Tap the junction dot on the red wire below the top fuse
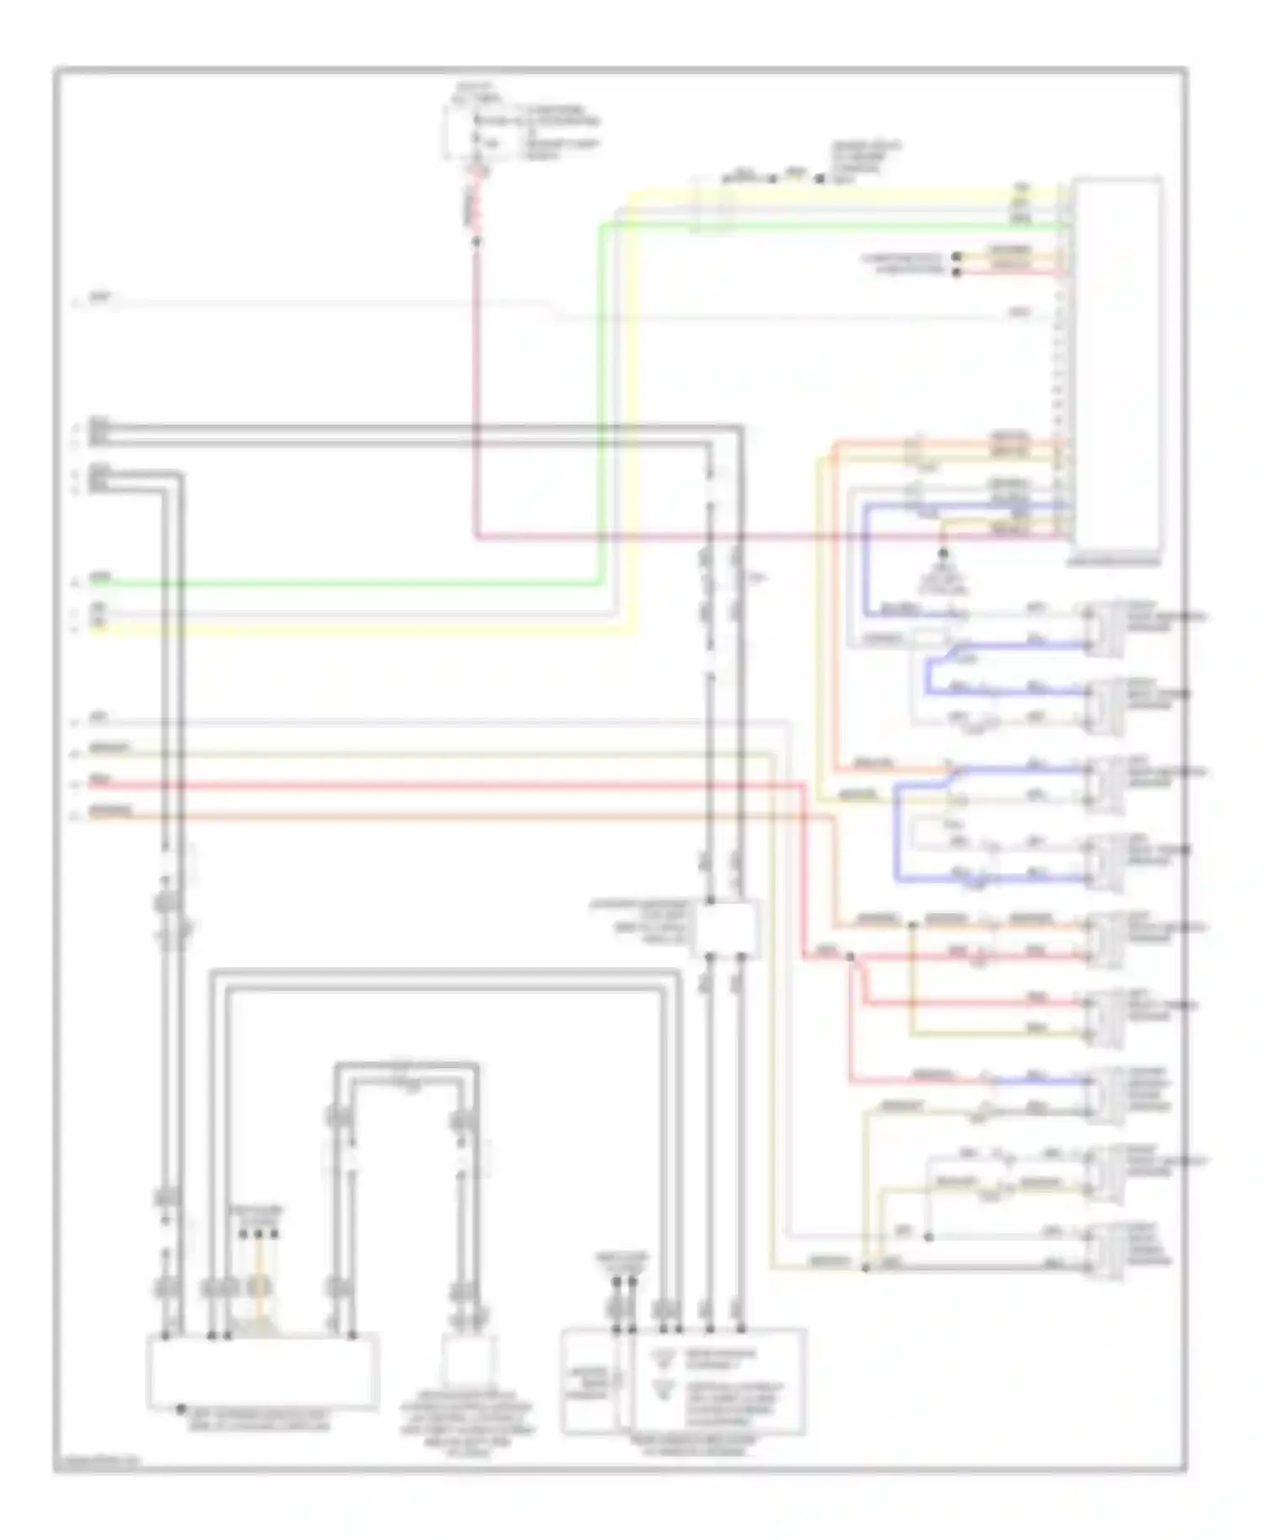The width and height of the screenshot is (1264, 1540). (x=476, y=242)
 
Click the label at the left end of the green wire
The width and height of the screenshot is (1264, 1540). (x=99, y=578)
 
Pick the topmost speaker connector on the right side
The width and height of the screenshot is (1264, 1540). (x=1099, y=628)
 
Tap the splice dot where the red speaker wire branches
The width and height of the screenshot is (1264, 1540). (x=849, y=956)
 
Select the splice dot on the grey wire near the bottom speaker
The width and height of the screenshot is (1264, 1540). (x=928, y=1238)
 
